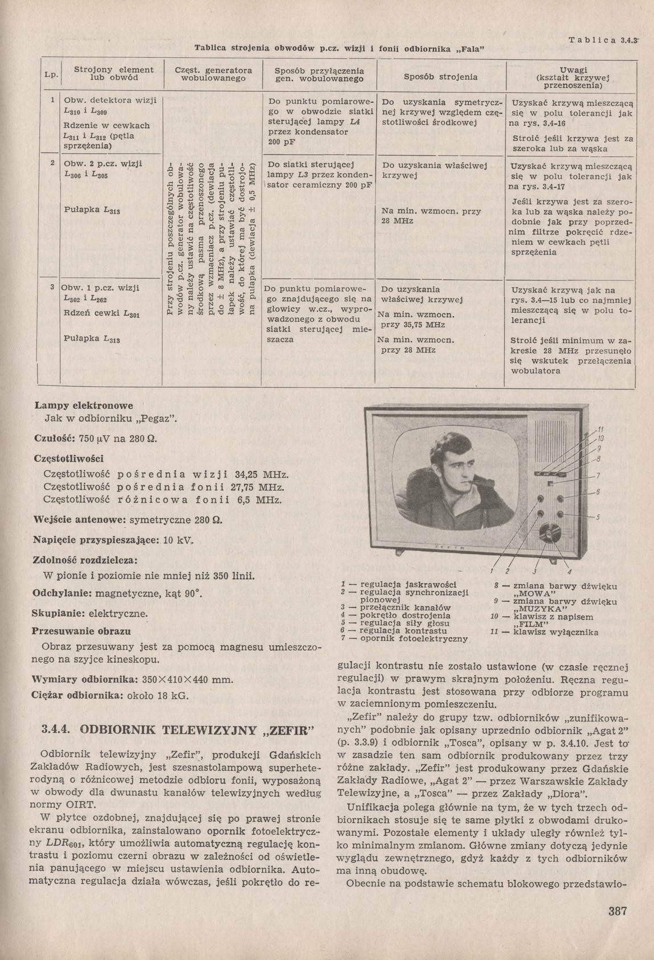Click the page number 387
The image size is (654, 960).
pyautogui.click(x=618, y=910)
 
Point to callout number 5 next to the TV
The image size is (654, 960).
pyautogui.click(x=599, y=517)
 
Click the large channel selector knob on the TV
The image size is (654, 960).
pyautogui.click(x=550, y=533)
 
